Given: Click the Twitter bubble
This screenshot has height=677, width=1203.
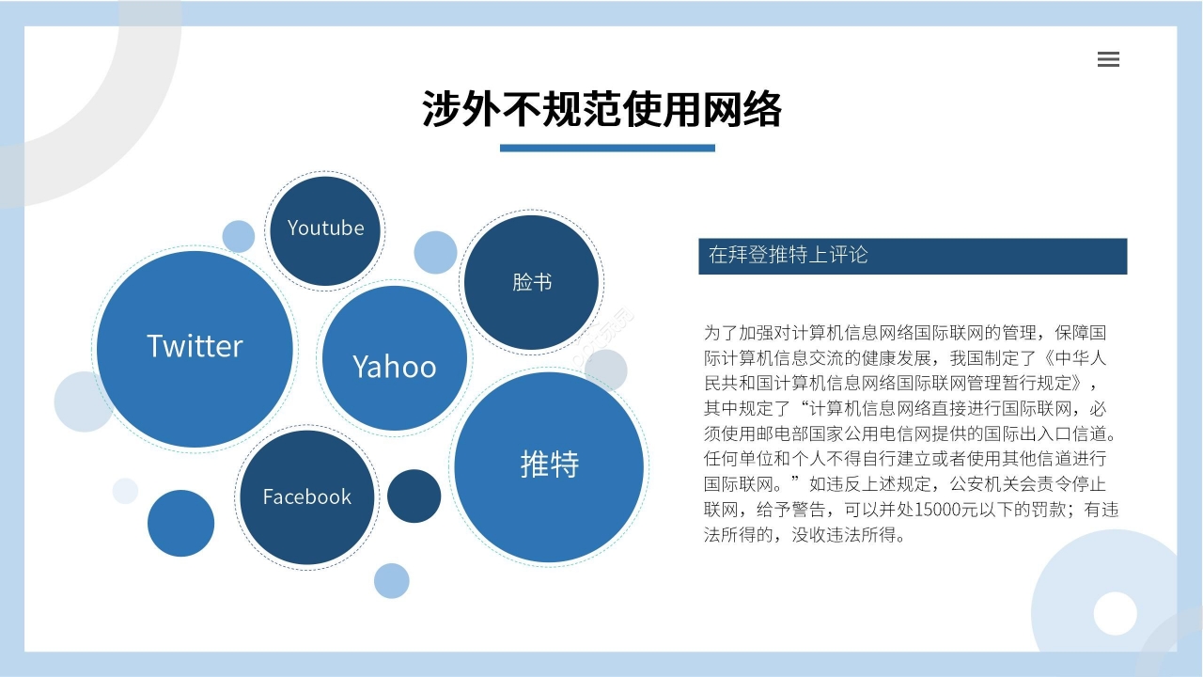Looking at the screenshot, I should point(195,348).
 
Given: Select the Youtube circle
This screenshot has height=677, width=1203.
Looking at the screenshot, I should point(325,229).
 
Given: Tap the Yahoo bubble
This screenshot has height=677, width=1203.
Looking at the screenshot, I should point(394,360).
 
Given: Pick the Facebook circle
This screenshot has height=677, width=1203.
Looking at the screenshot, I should point(306,497).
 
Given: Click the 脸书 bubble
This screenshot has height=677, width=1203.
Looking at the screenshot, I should point(532,282).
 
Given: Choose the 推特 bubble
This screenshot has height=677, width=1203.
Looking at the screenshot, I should point(549,465).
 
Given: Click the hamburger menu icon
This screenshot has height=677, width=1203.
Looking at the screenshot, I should point(1108,59).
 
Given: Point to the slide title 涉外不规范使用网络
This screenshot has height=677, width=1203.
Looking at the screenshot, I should point(601,109).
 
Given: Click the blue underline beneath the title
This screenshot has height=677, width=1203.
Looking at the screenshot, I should point(607,148).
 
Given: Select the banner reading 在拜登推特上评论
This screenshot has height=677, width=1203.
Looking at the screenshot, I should point(912,256).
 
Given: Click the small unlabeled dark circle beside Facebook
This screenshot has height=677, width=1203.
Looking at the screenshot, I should point(414,496).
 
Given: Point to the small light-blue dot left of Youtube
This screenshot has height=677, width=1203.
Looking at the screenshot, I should point(239,236).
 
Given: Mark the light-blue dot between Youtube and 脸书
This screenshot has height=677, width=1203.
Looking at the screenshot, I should point(435,252).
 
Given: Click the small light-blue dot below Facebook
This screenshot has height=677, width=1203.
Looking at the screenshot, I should point(391,580).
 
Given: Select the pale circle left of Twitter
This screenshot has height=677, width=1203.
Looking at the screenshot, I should point(84,401).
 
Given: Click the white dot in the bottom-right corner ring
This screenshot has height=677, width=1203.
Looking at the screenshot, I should point(1115,613).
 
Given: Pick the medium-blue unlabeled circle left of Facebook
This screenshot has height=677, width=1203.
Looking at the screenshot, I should point(180,523).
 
